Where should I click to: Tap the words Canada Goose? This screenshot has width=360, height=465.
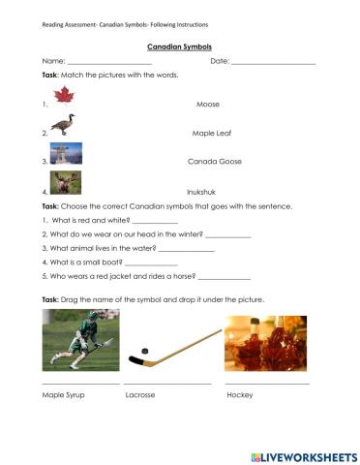click(x=214, y=162)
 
